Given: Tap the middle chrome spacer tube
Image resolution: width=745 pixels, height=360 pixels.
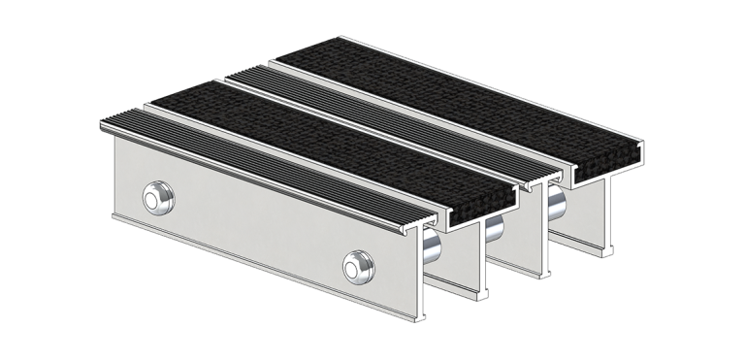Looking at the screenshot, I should [493, 231].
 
